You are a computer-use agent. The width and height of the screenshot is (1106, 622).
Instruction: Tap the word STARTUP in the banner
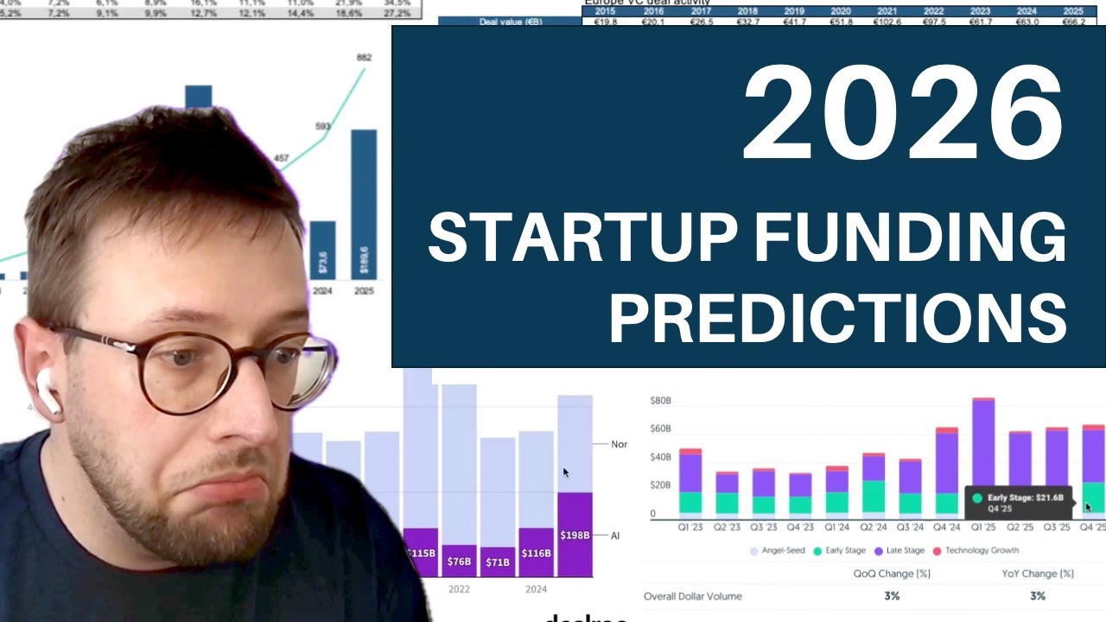(x=583, y=239)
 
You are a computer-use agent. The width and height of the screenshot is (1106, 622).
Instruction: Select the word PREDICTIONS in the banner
(x=837, y=318)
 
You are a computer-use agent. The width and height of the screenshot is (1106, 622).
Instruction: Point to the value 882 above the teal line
(x=364, y=58)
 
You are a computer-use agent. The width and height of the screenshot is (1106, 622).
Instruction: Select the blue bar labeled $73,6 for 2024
(x=322, y=250)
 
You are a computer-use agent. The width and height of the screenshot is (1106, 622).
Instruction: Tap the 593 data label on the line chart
(x=322, y=127)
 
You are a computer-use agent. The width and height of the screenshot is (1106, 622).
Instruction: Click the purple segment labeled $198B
(x=575, y=534)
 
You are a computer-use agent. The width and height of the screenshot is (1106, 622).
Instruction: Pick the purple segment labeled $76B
(x=459, y=561)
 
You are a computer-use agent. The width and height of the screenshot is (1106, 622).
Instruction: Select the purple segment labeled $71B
(x=497, y=562)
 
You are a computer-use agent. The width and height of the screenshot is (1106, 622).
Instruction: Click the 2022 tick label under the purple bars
(x=459, y=589)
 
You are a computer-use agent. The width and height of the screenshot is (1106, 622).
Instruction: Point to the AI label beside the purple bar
(x=616, y=536)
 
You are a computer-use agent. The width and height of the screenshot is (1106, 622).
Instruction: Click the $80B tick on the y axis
(x=660, y=401)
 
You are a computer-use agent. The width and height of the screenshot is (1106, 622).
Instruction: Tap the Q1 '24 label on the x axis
(x=836, y=527)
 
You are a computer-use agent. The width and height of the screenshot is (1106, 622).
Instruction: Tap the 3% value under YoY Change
(x=1037, y=596)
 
